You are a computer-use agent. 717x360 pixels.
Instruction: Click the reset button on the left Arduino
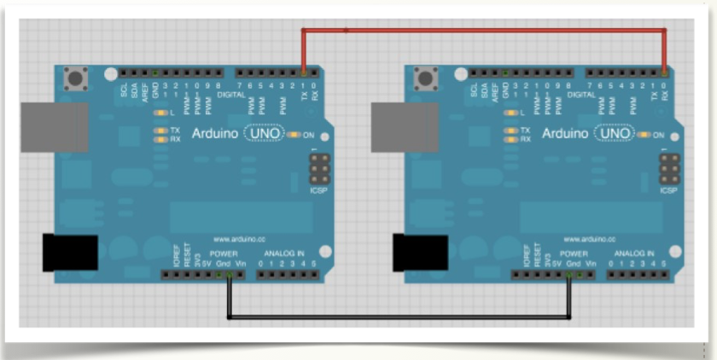click(x=76, y=79)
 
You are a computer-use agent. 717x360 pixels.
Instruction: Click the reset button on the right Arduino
click(x=426, y=79)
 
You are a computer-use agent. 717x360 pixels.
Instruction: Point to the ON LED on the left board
click(x=295, y=135)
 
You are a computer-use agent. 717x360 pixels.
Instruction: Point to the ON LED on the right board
click(x=645, y=135)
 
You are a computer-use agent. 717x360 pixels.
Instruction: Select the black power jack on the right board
click(x=418, y=253)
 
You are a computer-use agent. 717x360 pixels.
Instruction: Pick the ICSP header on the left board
click(x=318, y=170)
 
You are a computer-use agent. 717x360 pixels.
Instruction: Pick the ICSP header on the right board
click(x=668, y=170)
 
